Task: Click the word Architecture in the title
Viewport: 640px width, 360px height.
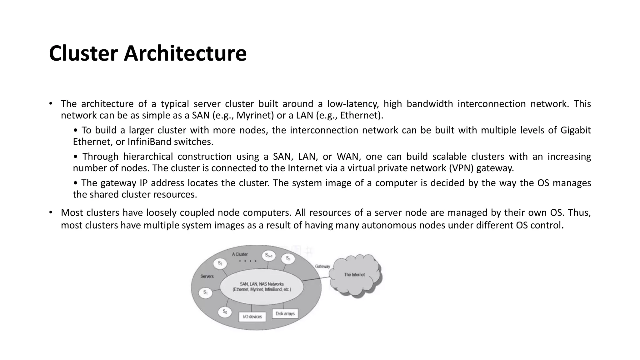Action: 185,53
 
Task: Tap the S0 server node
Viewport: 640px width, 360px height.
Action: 225,311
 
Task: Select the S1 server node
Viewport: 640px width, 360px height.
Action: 205,293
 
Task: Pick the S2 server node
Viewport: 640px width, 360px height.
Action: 220,263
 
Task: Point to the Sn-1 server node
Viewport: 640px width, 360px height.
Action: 269,255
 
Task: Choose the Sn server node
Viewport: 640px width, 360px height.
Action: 288,259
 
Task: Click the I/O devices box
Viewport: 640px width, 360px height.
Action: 252,317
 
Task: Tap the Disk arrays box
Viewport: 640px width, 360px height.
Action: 285,314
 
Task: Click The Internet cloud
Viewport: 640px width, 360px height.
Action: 355,275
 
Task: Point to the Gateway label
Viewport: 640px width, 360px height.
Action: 322,267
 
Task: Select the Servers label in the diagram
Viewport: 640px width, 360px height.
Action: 207,276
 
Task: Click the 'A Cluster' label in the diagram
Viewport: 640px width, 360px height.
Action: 240,254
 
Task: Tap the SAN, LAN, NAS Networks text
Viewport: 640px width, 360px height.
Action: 262,284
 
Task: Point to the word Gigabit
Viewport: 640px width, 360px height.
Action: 575,130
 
